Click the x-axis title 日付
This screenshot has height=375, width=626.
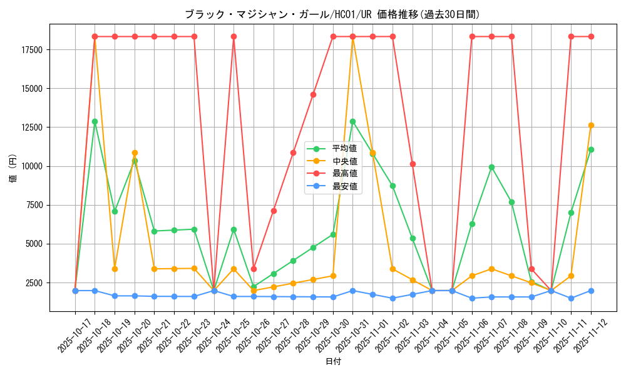[x=333, y=362]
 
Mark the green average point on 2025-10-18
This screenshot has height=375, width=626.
[x=95, y=121]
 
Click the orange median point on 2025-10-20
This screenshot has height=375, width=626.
[x=135, y=152]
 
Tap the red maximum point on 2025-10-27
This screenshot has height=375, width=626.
[x=274, y=211]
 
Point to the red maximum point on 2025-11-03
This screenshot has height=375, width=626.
[x=413, y=164]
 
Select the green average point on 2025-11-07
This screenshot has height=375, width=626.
[x=492, y=167]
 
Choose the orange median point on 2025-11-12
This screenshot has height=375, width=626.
[x=591, y=125]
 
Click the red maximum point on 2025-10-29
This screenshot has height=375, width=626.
[x=313, y=94]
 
